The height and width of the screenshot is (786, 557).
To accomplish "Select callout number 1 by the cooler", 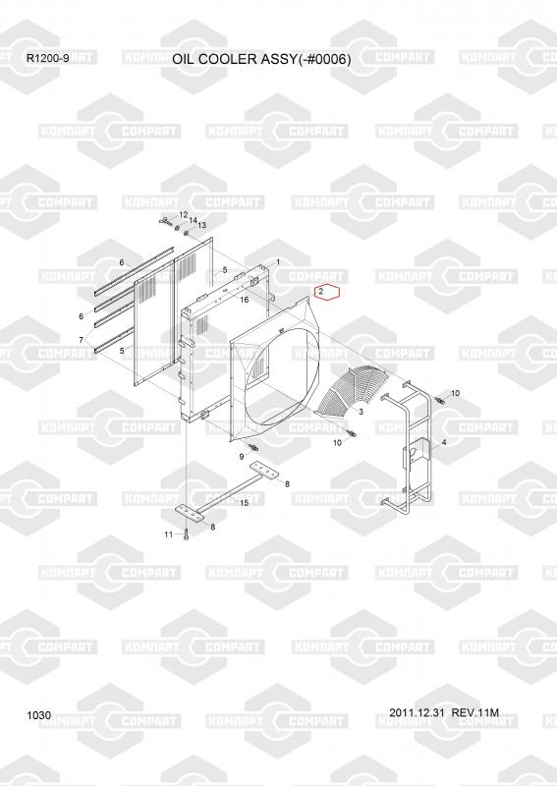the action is (x=278, y=261).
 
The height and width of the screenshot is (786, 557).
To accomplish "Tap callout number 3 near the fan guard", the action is (x=361, y=412).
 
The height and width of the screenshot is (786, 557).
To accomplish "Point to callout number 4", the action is (x=444, y=442).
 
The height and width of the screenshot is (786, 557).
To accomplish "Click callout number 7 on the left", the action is (x=82, y=340).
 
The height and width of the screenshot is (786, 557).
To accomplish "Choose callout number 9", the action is (x=241, y=457).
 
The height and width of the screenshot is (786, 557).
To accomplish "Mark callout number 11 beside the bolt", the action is (x=168, y=534).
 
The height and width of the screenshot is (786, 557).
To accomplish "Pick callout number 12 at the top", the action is (x=183, y=215).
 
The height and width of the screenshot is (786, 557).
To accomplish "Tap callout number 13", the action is (x=201, y=226).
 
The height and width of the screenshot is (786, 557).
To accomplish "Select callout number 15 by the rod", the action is (x=245, y=503).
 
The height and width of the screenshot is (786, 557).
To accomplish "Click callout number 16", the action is (x=245, y=300).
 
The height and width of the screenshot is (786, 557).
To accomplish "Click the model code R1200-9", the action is (x=48, y=58).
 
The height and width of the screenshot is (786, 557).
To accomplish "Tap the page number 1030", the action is (x=39, y=715).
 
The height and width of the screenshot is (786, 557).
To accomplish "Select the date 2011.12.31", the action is (x=417, y=713).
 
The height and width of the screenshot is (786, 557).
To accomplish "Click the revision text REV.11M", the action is (x=475, y=713).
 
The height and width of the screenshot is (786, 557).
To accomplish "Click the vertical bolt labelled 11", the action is (x=186, y=534).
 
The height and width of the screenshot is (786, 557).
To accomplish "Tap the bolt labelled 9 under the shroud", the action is (x=252, y=447).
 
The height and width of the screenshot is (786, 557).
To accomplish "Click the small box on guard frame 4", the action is (x=416, y=454).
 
